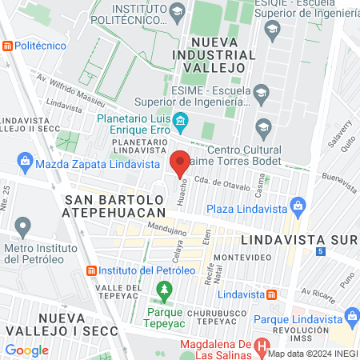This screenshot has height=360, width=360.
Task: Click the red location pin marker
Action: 180,162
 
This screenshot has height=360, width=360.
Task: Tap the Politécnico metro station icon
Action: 8,46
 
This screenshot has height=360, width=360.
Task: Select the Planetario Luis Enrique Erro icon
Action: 180,122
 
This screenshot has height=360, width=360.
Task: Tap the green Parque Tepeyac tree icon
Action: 165,289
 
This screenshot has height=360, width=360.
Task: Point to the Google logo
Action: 26,350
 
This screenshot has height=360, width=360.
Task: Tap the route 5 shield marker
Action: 320,251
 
